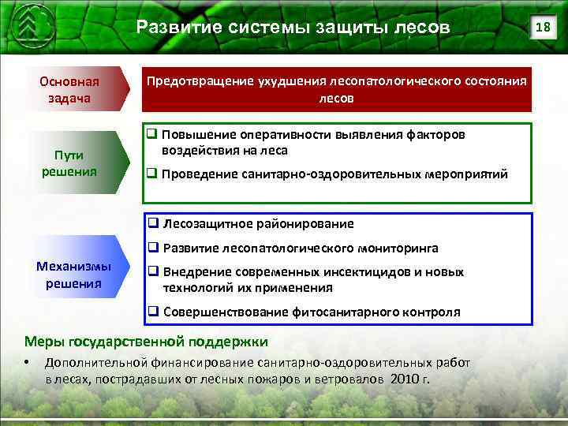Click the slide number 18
click(x=541, y=28)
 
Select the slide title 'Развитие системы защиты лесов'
click(x=293, y=28)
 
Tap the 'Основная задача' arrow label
click(x=71, y=90)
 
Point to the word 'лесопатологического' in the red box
click(x=371, y=82)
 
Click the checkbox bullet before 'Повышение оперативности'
click(x=153, y=135)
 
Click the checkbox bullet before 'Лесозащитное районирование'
click(x=153, y=224)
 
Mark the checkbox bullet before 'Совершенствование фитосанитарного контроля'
click(x=153, y=312)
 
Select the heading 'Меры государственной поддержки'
click(x=146, y=342)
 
